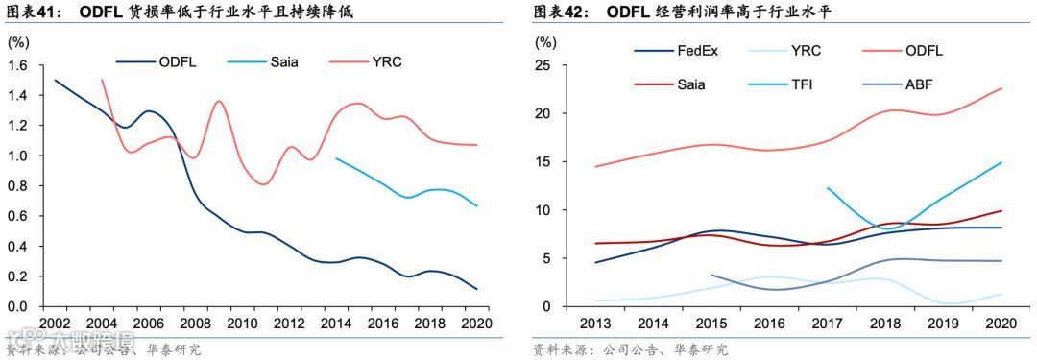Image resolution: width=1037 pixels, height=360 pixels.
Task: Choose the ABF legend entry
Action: (x=919, y=84)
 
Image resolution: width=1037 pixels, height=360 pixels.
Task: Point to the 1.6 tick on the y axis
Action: (x=19, y=65)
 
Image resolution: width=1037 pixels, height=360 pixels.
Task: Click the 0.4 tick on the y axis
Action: (x=19, y=246)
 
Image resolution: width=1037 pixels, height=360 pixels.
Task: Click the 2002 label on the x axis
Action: (x=55, y=324)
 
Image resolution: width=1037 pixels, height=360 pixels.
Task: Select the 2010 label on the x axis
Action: (x=241, y=324)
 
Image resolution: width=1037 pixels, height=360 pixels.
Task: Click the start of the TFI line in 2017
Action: (x=827, y=188)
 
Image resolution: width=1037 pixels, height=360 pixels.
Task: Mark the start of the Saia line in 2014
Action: (x=335, y=158)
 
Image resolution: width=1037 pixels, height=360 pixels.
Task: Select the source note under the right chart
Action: (x=630, y=349)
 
